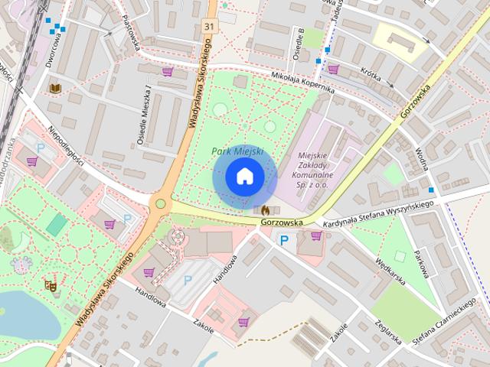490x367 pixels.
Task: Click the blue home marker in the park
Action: (x=244, y=177)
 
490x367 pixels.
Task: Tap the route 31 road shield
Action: (x=209, y=27)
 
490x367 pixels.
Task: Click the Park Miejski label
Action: (x=237, y=151)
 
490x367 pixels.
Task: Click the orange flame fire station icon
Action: (x=265, y=209)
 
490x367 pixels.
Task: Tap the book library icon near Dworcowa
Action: (x=54, y=89)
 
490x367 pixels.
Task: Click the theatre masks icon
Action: (x=51, y=285)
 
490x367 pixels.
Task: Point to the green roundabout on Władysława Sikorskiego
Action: (x=161, y=203)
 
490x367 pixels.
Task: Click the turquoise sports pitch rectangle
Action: (x=56, y=224)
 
